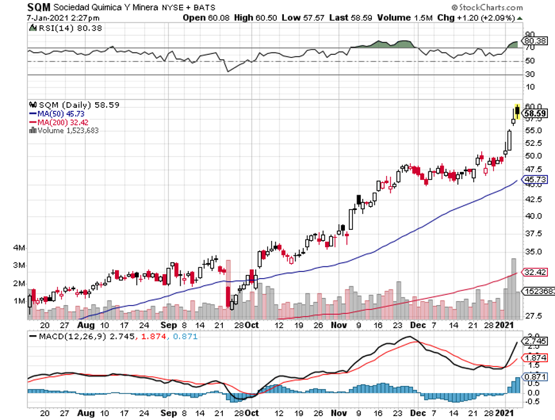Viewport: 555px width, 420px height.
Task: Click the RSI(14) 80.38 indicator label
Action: [x=55, y=28]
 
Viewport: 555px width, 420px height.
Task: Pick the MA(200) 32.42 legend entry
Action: [x=62, y=122]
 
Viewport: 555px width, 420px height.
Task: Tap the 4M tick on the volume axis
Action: [x=19, y=248]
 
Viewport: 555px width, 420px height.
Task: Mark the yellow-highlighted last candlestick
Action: [x=517, y=113]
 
